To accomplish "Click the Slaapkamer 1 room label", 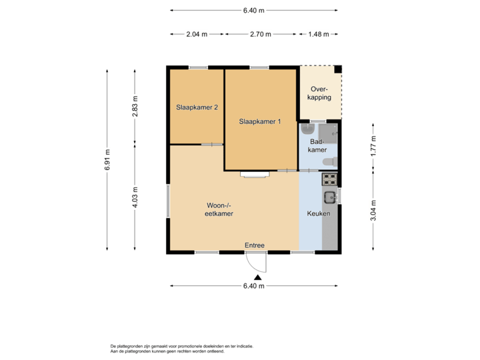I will coord(260,121).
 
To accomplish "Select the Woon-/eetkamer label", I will coord(219,209).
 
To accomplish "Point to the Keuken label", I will coord(319,213).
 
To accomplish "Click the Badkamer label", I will coord(317,145).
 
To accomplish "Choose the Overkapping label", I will coord(320,93).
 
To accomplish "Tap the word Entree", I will coord(254,245).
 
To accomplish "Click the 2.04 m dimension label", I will coord(196,33).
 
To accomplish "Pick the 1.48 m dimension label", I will coord(318,33).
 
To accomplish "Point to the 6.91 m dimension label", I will coord(107,160).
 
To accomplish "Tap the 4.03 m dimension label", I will coord(135,197).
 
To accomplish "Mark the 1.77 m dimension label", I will coord(373,145).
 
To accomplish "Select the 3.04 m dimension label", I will coord(373,210).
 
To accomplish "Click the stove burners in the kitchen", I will coord(330,179).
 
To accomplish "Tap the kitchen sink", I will coord(330,197).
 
